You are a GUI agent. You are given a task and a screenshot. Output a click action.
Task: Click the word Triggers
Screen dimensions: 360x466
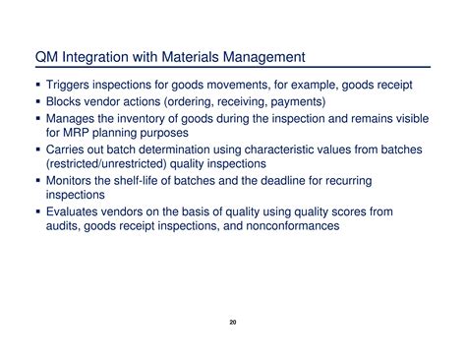(x=70, y=86)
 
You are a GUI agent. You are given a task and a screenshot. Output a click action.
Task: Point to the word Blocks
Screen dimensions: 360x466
(x=65, y=100)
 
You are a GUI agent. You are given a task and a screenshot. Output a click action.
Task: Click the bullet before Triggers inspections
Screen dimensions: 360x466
(x=38, y=86)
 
